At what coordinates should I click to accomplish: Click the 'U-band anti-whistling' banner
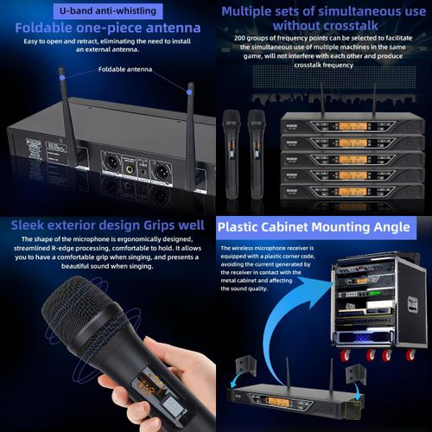108,10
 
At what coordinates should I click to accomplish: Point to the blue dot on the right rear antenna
190,87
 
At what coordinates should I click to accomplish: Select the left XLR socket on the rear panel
113,162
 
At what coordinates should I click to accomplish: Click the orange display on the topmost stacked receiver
356,124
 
